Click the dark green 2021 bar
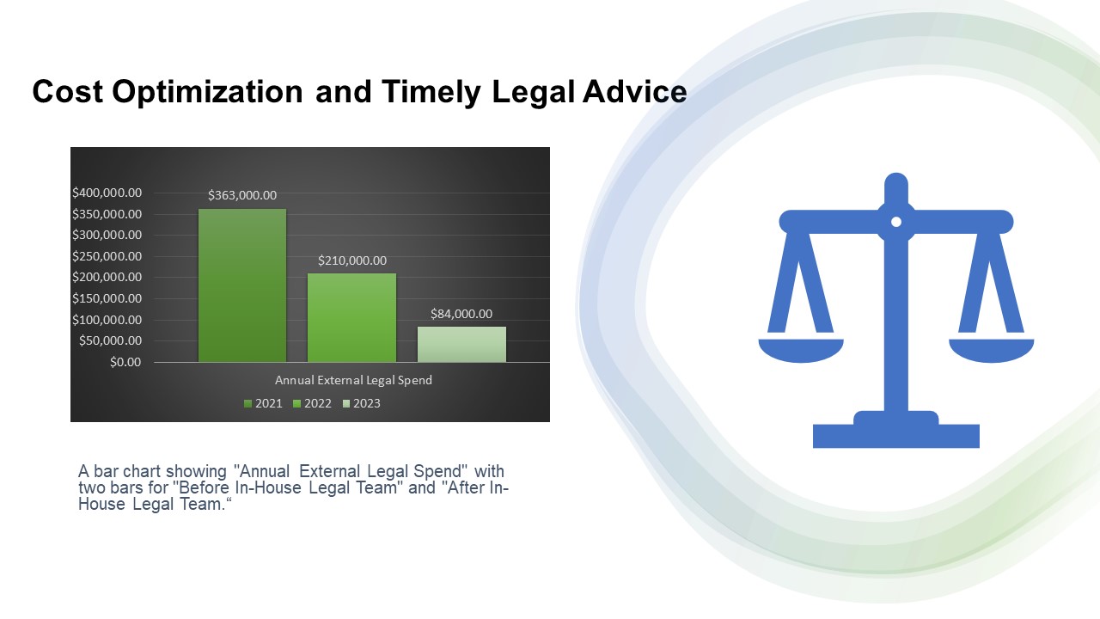[x=242, y=285]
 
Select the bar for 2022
[x=351, y=318]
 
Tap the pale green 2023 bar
[x=461, y=345]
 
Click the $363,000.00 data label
[x=242, y=195]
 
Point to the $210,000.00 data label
[x=352, y=260]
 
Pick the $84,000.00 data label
[x=461, y=314]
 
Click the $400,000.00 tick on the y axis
[x=107, y=193]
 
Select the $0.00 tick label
[x=125, y=362]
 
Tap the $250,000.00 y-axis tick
[x=107, y=256]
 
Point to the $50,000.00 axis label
[x=110, y=340]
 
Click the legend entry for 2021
[x=263, y=403]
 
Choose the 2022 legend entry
[x=312, y=403]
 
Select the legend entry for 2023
[x=362, y=403]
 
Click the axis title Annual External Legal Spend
[x=353, y=380]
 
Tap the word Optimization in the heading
[x=207, y=92]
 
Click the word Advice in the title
[x=634, y=91]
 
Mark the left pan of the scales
[x=801, y=351]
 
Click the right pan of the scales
[x=992, y=351]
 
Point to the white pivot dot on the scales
[x=896, y=222]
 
